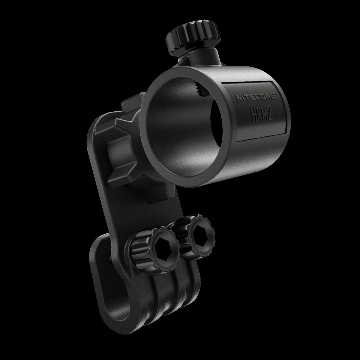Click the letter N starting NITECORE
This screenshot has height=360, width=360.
238,98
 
